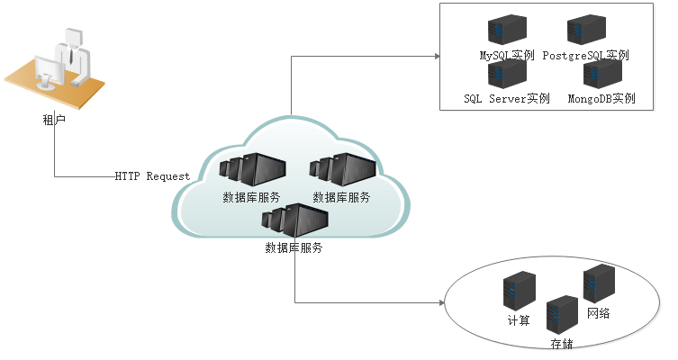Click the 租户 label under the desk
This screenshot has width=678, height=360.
tap(54, 118)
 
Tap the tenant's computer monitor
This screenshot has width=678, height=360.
tap(50, 71)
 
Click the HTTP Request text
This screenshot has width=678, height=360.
tap(152, 175)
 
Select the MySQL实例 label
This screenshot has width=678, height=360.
tap(508, 56)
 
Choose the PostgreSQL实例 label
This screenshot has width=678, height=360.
tap(585, 56)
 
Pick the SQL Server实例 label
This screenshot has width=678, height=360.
tap(507, 98)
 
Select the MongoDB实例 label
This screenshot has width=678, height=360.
tap(601, 98)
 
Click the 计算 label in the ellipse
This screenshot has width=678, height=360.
tap(519, 320)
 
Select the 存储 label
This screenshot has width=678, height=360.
tap(562, 344)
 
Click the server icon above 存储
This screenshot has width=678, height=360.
tap(561, 315)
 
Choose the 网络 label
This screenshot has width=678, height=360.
tap(598, 312)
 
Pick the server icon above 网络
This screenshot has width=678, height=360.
tap(598, 283)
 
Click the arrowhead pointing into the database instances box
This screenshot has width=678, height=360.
tap(436, 56)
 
